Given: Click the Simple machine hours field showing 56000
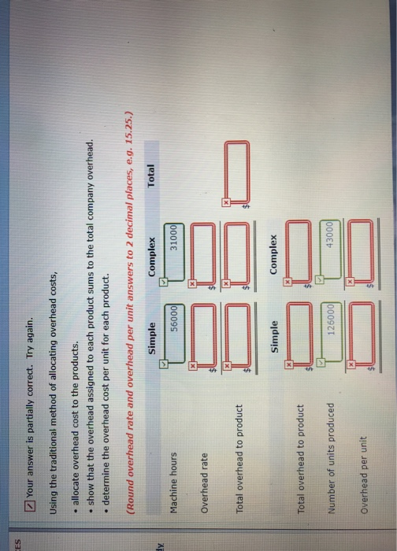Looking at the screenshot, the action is tap(174, 333).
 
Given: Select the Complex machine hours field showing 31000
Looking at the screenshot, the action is tap(174, 252).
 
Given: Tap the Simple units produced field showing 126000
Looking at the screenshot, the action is tap(331, 332).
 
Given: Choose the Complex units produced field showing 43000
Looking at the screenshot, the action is tap(330, 250).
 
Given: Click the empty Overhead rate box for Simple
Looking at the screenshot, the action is tap(205, 335).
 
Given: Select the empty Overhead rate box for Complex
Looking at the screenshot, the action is tap(204, 253).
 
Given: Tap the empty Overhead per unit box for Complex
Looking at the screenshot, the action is tap(361, 250).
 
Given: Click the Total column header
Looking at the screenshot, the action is tap(150, 176).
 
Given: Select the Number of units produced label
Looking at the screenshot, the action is tap(331, 453).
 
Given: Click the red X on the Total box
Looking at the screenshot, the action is tap(226, 202).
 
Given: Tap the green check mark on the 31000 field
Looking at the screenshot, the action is tap(163, 282).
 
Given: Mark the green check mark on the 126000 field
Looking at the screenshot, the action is tap(320, 362).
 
